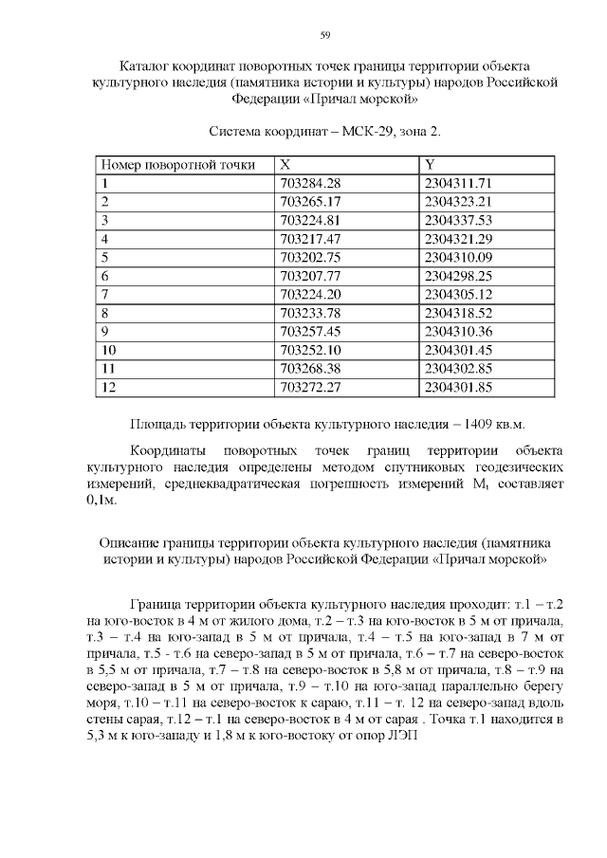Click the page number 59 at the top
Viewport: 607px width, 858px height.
point(324,35)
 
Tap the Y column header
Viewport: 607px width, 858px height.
point(430,165)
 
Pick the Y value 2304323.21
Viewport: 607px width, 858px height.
point(459,202)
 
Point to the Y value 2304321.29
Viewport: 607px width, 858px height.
point(459,239)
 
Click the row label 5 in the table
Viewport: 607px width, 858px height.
point(105,257)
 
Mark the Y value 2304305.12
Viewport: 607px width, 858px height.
point(459,294)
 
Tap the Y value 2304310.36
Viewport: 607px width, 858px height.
point(459,331)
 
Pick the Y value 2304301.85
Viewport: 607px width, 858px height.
point(459,387)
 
